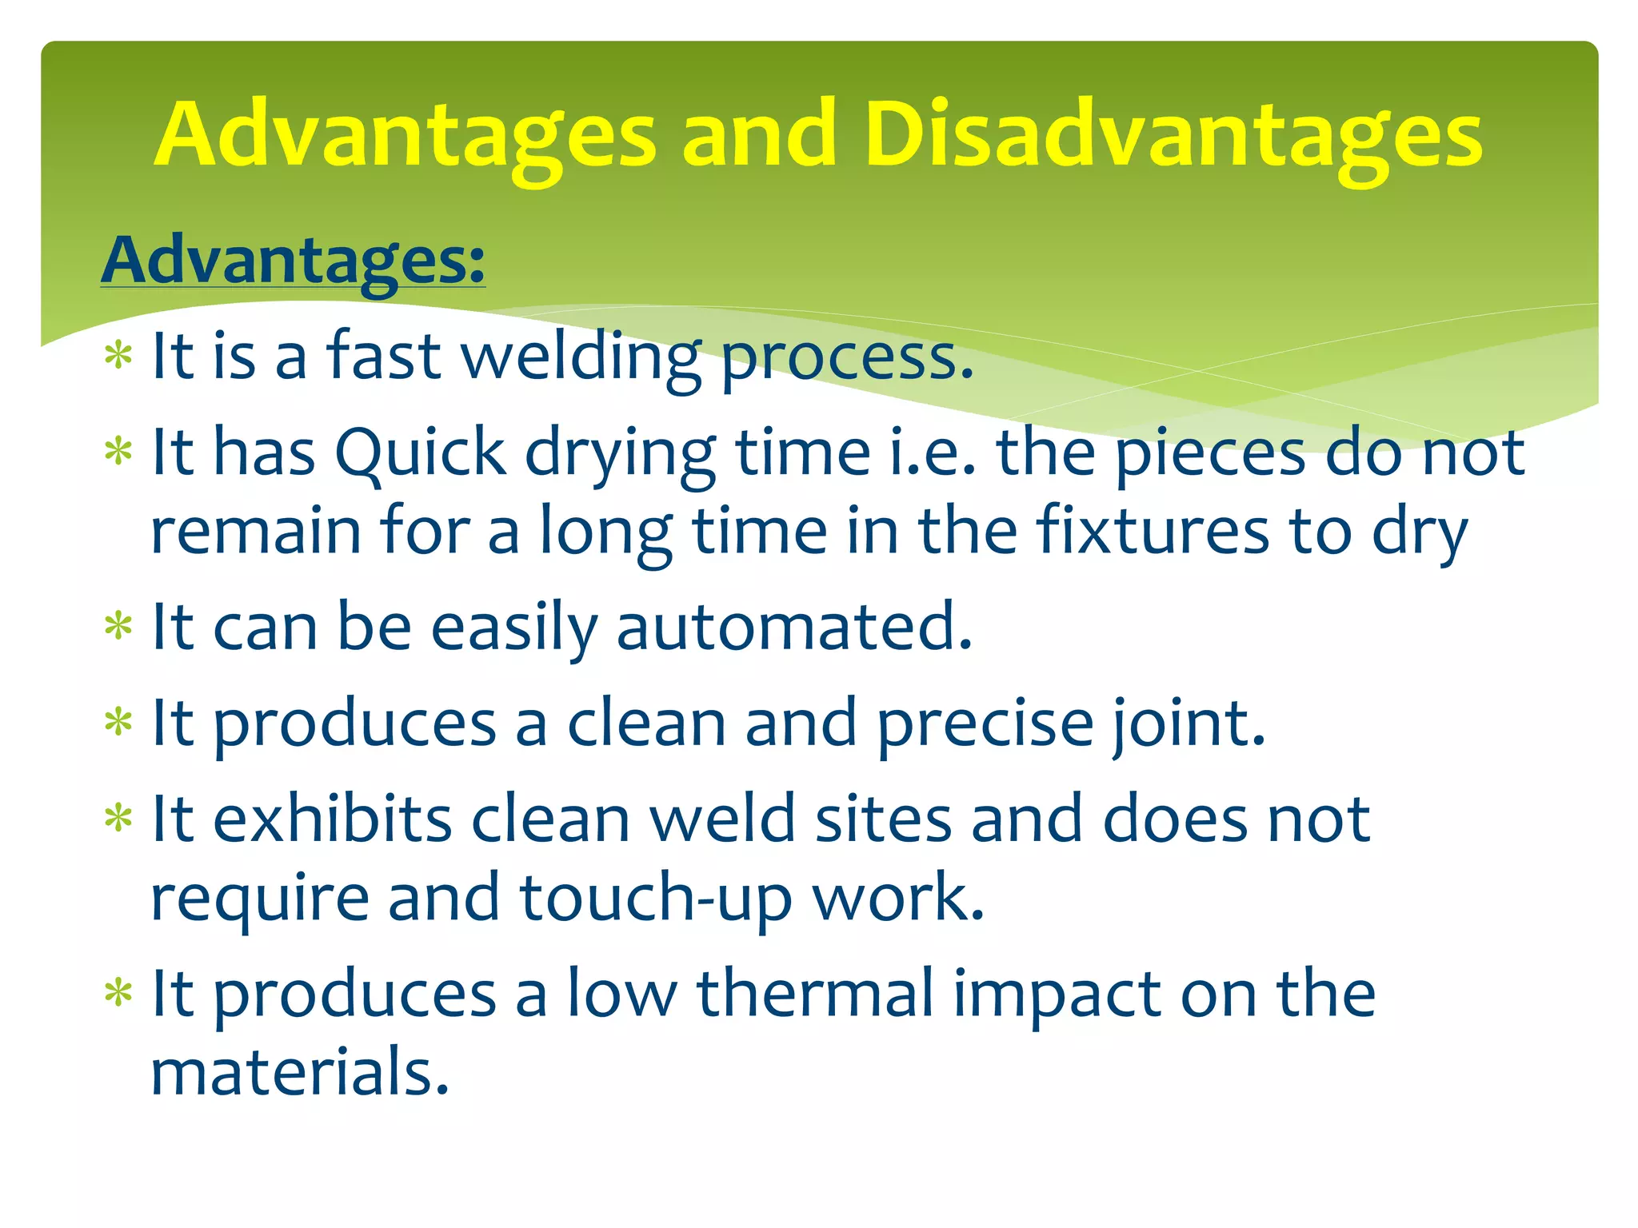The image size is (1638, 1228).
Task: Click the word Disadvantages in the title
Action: click(1173, 136)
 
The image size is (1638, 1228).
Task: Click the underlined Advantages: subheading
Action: click(293, 261)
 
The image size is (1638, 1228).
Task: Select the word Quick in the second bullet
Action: click(420, 453)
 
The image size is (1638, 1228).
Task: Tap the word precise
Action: click(985, 724)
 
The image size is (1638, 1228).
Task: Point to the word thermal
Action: click(815, 994)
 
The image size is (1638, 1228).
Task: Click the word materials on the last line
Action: click(300, 1072)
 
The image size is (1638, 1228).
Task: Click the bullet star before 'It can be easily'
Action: click(118, 625)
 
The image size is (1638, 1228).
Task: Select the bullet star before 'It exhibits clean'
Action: click(118, 818)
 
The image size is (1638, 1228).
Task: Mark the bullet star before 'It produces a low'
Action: click(118, 993)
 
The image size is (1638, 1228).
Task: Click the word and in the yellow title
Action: click(758, 136)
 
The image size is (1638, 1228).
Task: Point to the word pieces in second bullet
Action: click(1210, 453)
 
